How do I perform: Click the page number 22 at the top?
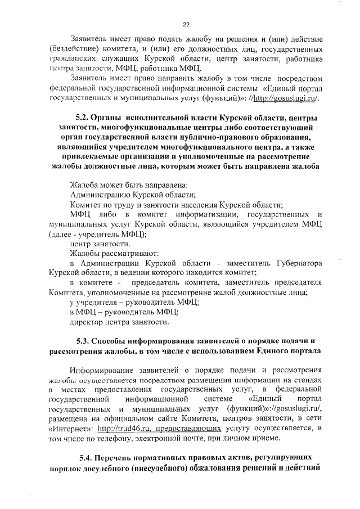pyautogui.click(x=186, y=24)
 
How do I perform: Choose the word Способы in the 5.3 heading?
pyautogui.click(x=110, y=341)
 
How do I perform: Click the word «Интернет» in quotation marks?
pyautogui.click(x=71, y=429)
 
